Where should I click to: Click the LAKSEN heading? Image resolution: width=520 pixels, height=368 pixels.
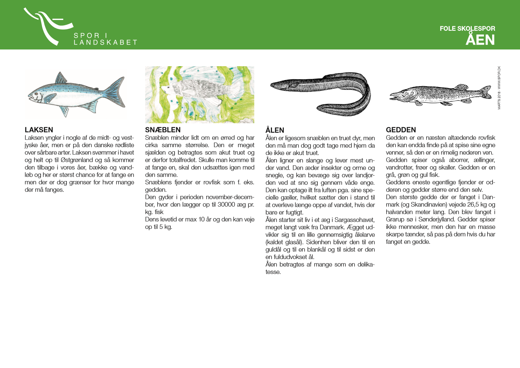point(39,130)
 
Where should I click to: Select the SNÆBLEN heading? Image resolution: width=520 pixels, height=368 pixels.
point(163,130)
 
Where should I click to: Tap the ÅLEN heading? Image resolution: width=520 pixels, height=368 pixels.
point(275,130)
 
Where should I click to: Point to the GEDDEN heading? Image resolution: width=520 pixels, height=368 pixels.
point(401,130)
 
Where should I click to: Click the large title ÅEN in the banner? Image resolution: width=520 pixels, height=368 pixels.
point(480,40)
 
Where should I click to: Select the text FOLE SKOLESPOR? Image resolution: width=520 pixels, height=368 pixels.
point(467,29)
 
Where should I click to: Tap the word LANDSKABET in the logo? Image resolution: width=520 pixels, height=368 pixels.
point(105,42)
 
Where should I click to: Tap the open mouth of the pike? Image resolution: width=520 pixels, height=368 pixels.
point(393,96)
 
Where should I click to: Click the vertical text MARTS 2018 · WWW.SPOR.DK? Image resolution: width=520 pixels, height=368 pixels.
point(499,88)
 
